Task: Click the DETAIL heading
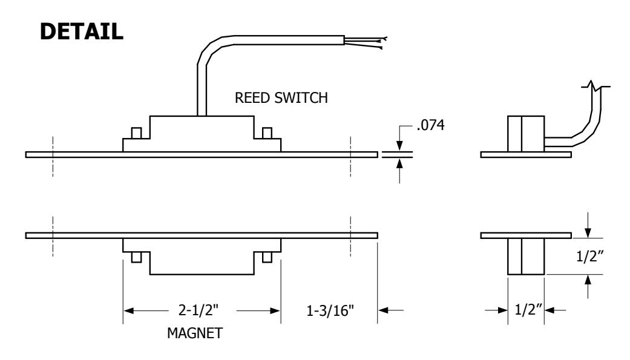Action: (81, 31)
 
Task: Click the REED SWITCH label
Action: (281, 97)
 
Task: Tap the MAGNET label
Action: (195, 333)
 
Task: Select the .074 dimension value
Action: (431, 125)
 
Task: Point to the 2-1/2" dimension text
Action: (199, 310)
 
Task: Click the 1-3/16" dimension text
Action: (330, 310)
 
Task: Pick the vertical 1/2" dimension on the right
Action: (590, 257)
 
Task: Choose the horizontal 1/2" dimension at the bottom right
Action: (529, 310)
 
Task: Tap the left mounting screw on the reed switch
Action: (137, 133)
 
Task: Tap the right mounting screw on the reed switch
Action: (267, 133)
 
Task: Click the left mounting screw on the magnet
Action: (137, 257)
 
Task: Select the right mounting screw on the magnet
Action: (267, 257)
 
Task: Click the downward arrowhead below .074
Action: (399, 146)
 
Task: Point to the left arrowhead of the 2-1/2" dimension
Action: (128, 310)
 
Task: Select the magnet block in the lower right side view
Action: (526, 257)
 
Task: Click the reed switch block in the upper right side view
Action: (526, 134)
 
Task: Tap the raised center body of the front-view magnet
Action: (202, 263)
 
